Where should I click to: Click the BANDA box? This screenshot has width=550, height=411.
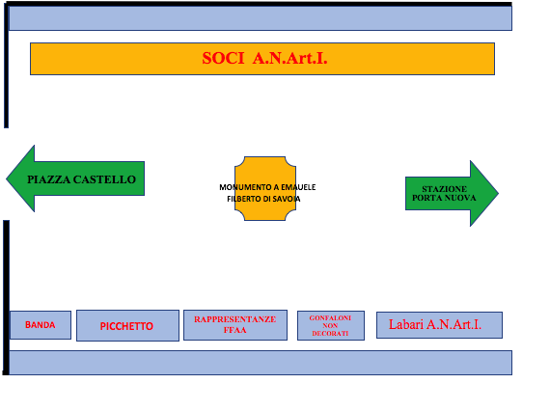41,325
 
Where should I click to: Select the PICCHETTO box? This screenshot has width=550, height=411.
127,325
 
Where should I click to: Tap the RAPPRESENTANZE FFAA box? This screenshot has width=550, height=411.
235,325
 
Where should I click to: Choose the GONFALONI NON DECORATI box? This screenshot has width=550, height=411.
331,325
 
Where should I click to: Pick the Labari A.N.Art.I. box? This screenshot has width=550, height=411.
439,325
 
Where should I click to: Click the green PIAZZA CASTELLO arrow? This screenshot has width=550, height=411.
75,178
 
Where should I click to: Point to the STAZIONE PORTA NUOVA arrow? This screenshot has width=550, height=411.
452,193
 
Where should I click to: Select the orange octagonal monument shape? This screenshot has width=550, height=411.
265,189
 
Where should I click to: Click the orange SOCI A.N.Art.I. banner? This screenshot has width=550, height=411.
262,59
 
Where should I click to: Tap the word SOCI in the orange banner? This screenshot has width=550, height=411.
223,58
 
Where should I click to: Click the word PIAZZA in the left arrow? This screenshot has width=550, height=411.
49,179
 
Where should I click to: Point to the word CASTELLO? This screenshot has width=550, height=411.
104,179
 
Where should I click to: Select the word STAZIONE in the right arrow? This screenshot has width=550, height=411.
445,189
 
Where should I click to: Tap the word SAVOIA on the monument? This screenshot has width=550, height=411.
287,199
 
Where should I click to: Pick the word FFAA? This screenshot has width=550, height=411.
235,330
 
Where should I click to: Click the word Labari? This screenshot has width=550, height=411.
406,324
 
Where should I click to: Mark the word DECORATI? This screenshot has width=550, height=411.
330,334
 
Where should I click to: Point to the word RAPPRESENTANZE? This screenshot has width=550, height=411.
235,319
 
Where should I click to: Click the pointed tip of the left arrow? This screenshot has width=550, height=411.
7,178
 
